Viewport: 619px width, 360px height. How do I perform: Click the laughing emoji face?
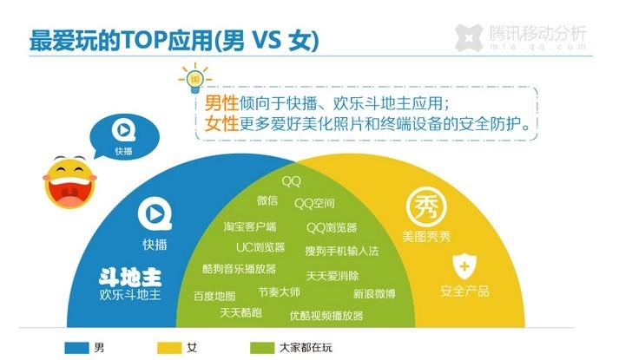coord(69,182)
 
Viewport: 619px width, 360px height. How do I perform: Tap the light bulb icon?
coord(194,79)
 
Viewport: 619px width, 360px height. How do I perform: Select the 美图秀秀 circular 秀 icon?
coord(426,206)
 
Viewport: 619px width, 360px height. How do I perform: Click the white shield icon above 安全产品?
coord(464,266)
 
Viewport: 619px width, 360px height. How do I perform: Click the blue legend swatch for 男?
coord(76,348)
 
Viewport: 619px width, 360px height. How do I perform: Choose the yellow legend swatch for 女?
coord(169,348)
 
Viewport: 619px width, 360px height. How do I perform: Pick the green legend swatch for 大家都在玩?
coord(262,348)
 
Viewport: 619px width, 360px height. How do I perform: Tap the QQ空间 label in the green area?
coord(314,204)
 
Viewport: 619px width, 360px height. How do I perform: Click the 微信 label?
coord(267,200)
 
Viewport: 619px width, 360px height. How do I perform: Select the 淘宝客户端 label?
coord(250,226)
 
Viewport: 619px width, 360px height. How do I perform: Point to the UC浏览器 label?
coord(260,247)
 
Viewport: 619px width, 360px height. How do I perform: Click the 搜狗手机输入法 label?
coord(342,251)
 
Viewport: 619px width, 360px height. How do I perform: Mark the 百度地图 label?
coord(214,296)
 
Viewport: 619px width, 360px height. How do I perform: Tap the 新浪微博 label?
coord(374,293)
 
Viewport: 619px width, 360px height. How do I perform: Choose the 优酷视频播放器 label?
coord(326,316)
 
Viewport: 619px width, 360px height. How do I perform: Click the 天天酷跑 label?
coord(240,312)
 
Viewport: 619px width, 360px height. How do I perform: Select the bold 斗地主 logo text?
coord(130,277)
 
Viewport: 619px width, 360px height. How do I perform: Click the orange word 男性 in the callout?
coord(221,103)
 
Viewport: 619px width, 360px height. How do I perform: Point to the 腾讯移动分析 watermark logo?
coord(520,37)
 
